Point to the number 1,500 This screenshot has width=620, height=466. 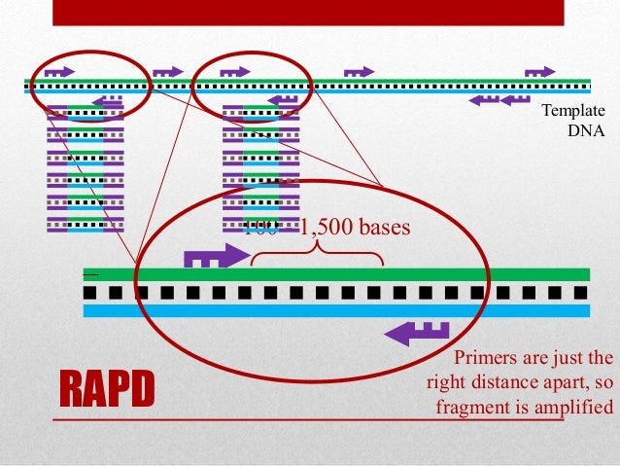(327, 230)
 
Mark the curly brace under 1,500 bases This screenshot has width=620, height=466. (317, 253)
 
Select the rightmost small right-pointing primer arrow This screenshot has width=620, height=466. (540, 71)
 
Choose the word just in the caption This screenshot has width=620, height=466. (568, 356)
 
